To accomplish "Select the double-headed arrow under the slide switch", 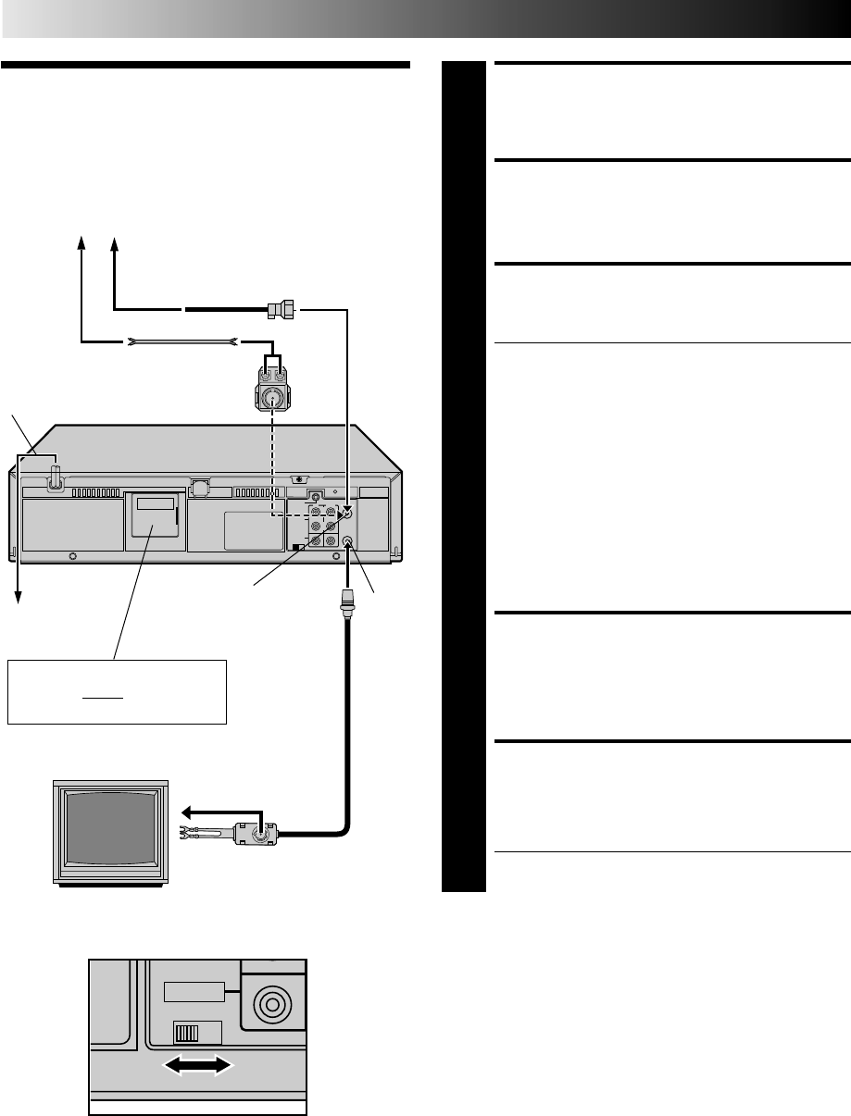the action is click(x=197, y=1066).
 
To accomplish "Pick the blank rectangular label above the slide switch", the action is click(x=194, y=991).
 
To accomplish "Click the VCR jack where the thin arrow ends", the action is click(x=347, y=512).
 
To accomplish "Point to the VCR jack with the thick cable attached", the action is click(x=348, y=543).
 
